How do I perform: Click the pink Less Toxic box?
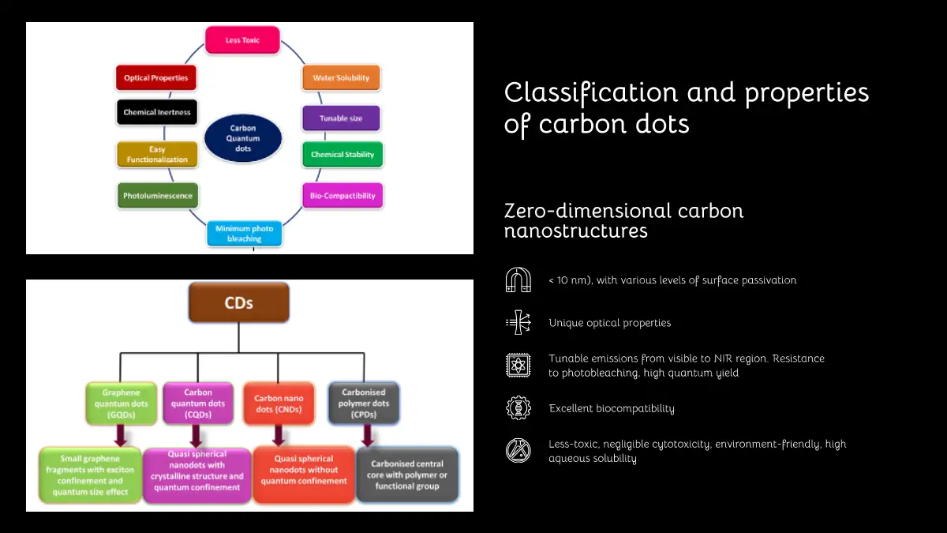click(242, 40)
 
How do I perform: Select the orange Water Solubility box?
click(341, 78)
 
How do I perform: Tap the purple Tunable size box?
click(341, 118)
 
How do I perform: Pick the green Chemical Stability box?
click(342, 155)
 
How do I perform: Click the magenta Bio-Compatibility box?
click(342, 196)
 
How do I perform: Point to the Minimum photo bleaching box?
click(244, 234)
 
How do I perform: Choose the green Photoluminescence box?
click(158, 196)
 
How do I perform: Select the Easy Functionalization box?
click(157, 154)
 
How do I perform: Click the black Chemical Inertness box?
click(156, 112)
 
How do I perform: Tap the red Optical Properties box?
click(156, 78)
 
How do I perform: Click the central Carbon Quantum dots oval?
click(243, 138)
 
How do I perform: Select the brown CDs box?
click(238, 302)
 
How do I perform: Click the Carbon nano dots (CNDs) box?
click(279, 404)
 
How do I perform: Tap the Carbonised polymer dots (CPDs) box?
click(364, 403)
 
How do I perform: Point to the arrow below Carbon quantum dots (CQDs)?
click(196, 436)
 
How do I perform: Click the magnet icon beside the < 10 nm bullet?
click(518, 280)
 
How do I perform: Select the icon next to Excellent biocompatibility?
click(518, 408)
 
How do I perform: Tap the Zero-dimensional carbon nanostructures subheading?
click(623, 220)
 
